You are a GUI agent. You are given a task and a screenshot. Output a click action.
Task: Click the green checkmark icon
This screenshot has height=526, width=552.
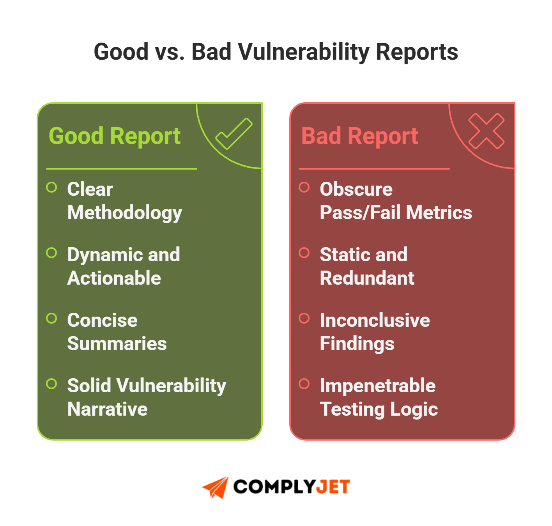tap(234, 134)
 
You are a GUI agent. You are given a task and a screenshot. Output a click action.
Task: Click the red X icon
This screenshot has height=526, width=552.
tap(486, 131)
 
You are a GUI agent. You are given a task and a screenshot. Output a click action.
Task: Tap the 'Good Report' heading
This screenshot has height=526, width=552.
tap(115, 136)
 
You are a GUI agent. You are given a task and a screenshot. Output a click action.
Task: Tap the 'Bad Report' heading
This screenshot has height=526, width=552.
tap(359, 136)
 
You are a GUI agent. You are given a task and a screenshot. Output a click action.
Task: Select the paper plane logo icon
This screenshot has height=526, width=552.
tap(216, 487)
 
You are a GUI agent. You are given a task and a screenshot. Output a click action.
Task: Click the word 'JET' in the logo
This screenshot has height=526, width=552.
tap(333, 487)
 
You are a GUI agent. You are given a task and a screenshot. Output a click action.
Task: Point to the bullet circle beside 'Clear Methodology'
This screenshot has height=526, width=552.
tap(51, 188)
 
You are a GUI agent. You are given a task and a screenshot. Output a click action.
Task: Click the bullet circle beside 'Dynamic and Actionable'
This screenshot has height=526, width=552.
tap(51, 253)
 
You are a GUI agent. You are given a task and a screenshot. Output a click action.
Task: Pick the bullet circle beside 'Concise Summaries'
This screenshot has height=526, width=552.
tap(51, 319)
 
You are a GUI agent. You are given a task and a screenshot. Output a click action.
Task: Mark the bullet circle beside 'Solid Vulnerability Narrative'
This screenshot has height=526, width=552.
tap(51, 384)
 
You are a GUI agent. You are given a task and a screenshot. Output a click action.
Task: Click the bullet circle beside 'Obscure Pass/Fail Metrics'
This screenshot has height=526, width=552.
tap(304, 188)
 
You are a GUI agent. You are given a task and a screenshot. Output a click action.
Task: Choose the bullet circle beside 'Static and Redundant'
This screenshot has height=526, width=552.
tap(304, 253)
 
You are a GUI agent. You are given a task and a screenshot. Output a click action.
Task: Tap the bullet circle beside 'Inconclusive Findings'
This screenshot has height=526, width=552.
tap(304, 319)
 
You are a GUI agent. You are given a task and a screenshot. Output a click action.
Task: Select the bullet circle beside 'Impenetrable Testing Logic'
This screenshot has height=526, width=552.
tap(304, 384)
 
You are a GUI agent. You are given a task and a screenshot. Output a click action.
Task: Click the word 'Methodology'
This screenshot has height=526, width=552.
tap(125, 213)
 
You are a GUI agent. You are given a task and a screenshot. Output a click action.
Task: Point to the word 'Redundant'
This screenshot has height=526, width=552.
tap(367, 278)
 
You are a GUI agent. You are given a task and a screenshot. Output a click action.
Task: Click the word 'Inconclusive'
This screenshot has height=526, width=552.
tap(375, 320)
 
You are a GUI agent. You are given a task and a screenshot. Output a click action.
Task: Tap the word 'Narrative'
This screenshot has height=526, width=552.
tap(107, 409)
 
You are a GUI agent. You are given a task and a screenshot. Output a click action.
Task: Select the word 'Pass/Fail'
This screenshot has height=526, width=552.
tap(360, 213)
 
